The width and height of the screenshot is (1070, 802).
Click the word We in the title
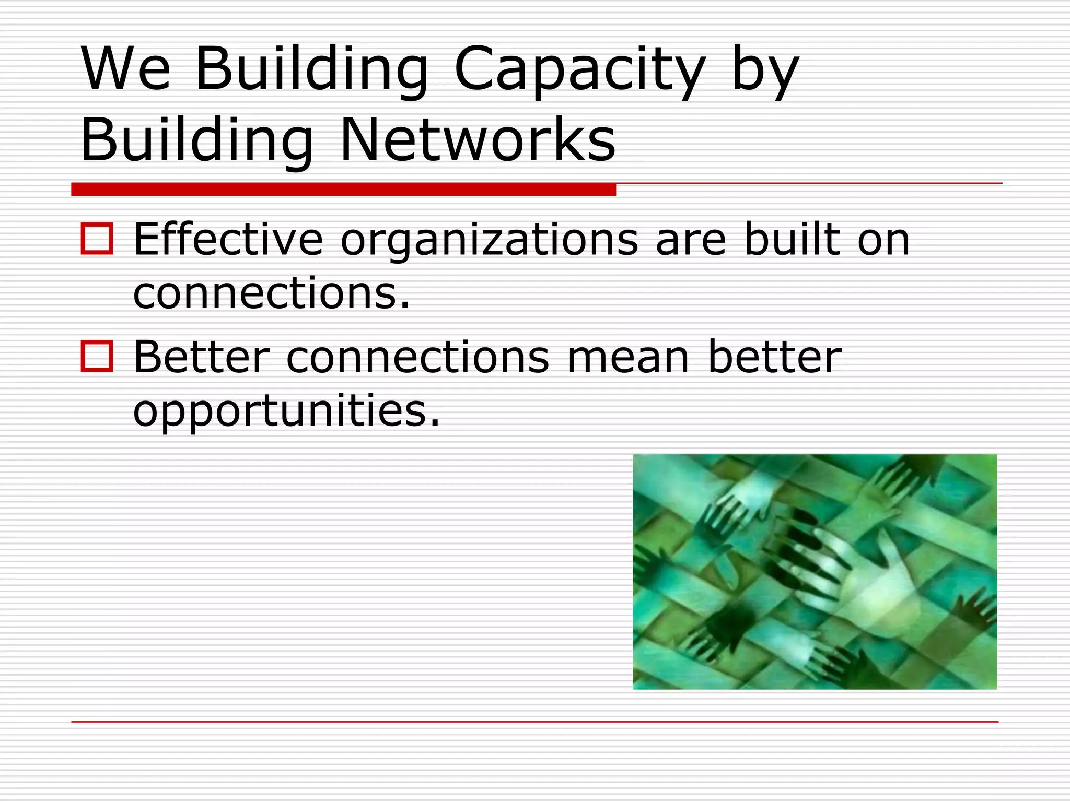point(126,68)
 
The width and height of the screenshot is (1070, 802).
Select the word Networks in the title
point(478,140)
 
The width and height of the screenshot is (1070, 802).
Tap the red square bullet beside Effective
point(97,239)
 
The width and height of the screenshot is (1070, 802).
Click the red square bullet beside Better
point(97,356)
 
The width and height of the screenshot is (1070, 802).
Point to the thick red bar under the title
point(343,189)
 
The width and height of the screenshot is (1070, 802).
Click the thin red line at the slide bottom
point(534,722)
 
